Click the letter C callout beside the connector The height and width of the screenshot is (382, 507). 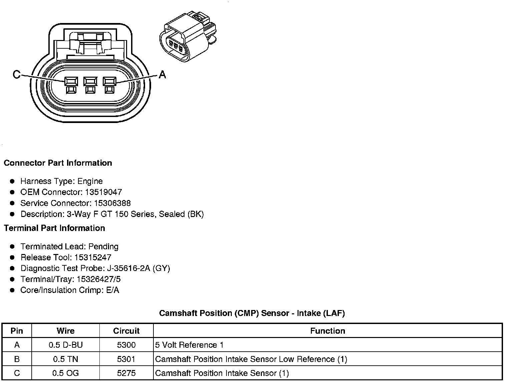tap(16, 74)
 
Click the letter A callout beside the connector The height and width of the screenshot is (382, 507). tap(162, 74)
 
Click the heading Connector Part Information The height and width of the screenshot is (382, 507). tap(58, 163)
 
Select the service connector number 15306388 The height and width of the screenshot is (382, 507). tap(112, 203)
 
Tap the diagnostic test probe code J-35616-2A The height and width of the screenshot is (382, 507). tap(129, 268)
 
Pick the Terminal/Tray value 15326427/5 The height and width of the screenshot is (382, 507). tap(98, 279)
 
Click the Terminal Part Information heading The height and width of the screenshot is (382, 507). tap(54, 228)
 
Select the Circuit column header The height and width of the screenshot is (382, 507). tap(126, 331)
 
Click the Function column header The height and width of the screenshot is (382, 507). tap(328, 331)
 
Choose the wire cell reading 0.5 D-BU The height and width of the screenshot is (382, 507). tap(66, 345)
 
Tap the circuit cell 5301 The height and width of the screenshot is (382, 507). tap(126, 359)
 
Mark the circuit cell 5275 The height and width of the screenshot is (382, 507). tap(126, 373)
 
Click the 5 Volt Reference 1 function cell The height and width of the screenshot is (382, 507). tap(189, 345)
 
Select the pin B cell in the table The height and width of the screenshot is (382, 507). tap(17, 359)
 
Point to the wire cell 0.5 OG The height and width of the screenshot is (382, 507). tap(66, 373)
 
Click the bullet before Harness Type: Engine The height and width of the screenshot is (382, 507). tap(12, 181)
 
